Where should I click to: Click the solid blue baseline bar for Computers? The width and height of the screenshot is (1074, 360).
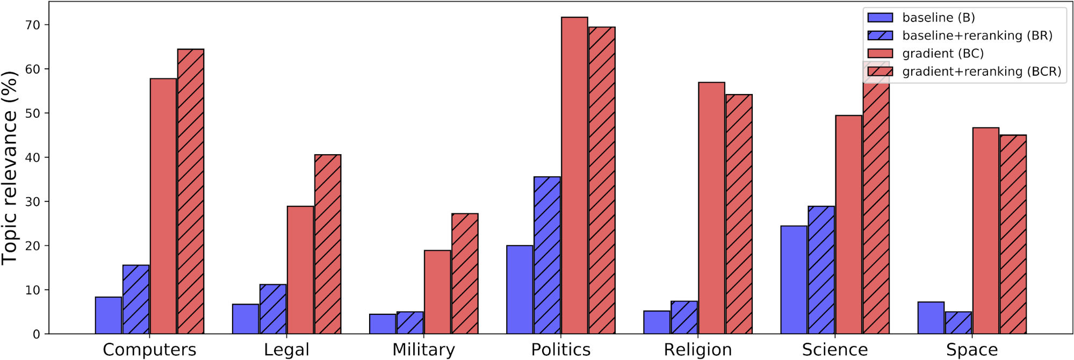pos(109,315)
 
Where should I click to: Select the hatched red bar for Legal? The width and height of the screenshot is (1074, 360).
pos(328,244)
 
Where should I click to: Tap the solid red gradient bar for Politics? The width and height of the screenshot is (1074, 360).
pos(574,176)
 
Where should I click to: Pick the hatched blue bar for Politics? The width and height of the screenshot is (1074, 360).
pos(547,255)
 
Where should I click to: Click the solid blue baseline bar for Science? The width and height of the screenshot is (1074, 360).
pos(794,280)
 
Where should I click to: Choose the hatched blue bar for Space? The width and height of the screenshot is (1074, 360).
pos(958,323)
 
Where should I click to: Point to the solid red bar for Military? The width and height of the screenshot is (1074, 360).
pos(437,292)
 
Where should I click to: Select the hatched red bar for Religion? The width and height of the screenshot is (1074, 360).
pos(739,214)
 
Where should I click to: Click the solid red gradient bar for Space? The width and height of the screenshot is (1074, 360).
pos(985,231)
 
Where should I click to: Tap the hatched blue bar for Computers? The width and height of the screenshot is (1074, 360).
pos(136,299)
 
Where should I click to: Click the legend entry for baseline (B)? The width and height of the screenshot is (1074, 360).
pos(938,18)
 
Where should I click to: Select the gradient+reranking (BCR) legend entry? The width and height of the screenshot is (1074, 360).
pos(981,71)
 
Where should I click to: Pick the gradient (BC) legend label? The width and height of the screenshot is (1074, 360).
pos(943,54)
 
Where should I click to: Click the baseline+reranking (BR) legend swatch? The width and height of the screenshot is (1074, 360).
pos(880,35)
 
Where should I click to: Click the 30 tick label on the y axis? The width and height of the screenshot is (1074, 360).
pos(32,201)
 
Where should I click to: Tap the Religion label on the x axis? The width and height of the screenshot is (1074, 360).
pos(697,350)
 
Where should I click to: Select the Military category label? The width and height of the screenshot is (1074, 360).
pos(423,350)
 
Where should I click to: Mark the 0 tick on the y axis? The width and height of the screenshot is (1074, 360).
pos(37,334)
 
